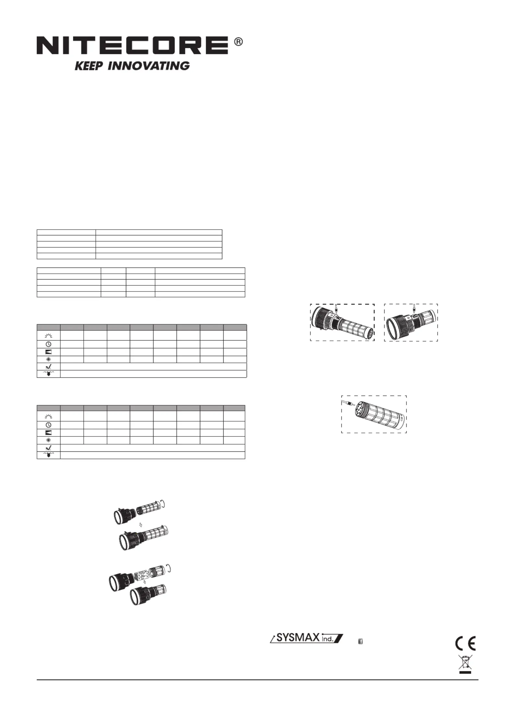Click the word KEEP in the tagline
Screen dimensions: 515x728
click(x=89, y=66)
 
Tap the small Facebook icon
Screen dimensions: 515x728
click(x=360, y=641)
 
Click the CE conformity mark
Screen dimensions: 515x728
click(x=465, y=643)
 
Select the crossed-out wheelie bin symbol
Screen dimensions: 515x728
click(x=465, y=663)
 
